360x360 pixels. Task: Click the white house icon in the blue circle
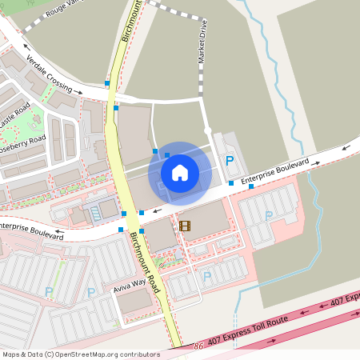click(180, 171)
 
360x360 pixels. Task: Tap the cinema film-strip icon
click(186, 226)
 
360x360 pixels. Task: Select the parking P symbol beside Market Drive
click(230, 161)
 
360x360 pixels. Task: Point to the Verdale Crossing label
click(49, 74)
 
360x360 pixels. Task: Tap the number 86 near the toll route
click(198, 346)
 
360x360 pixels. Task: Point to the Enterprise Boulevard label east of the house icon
click(274, 170)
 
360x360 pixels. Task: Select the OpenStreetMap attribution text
click(81, 354)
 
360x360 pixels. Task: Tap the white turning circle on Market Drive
click(207, 130)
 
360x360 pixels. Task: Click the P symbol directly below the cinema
click(207, 277)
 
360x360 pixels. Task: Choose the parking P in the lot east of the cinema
click(268, 215)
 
